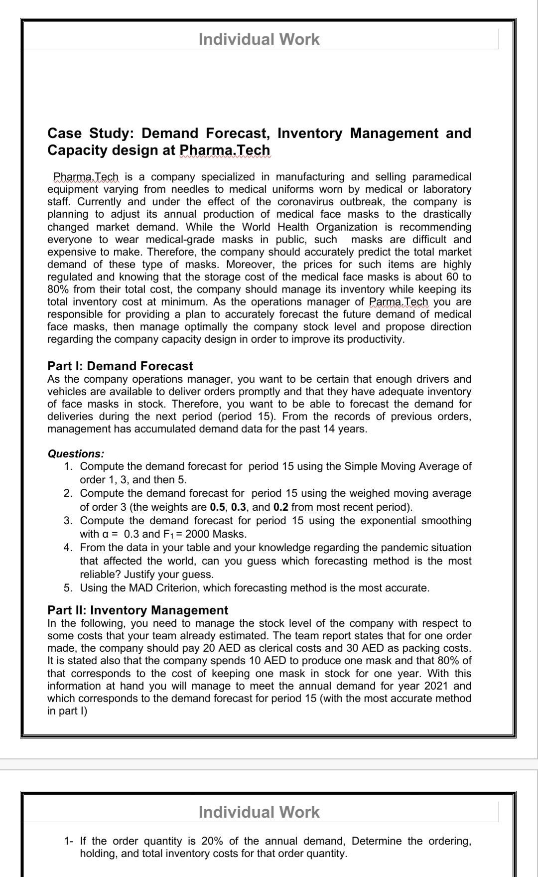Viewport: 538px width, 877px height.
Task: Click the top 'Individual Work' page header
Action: (259, 39)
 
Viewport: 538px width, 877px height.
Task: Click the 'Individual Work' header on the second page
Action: (259, 812)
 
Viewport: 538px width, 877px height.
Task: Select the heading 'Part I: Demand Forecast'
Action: (120, 366)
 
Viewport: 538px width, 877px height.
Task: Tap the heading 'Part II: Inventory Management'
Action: (137, 610)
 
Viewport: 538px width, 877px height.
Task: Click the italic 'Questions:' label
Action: (76, 453)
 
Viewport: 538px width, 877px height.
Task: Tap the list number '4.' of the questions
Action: (69, 548)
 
